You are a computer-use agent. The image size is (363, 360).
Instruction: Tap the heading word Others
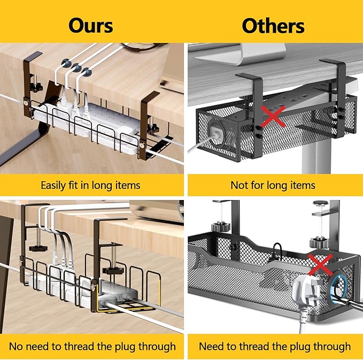(x=273, y=25)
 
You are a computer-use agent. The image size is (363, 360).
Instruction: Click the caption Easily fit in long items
(x=90, y=186)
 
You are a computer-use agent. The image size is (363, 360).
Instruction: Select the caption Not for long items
(x=273, y=186)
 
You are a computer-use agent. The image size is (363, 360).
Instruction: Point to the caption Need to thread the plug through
(x=275, y=346)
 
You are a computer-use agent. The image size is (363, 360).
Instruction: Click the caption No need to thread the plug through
(x=90, y=346)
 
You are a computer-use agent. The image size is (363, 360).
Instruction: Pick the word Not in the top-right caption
(x=238, y=186)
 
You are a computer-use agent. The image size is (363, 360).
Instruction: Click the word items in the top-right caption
(x=302, y=186)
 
